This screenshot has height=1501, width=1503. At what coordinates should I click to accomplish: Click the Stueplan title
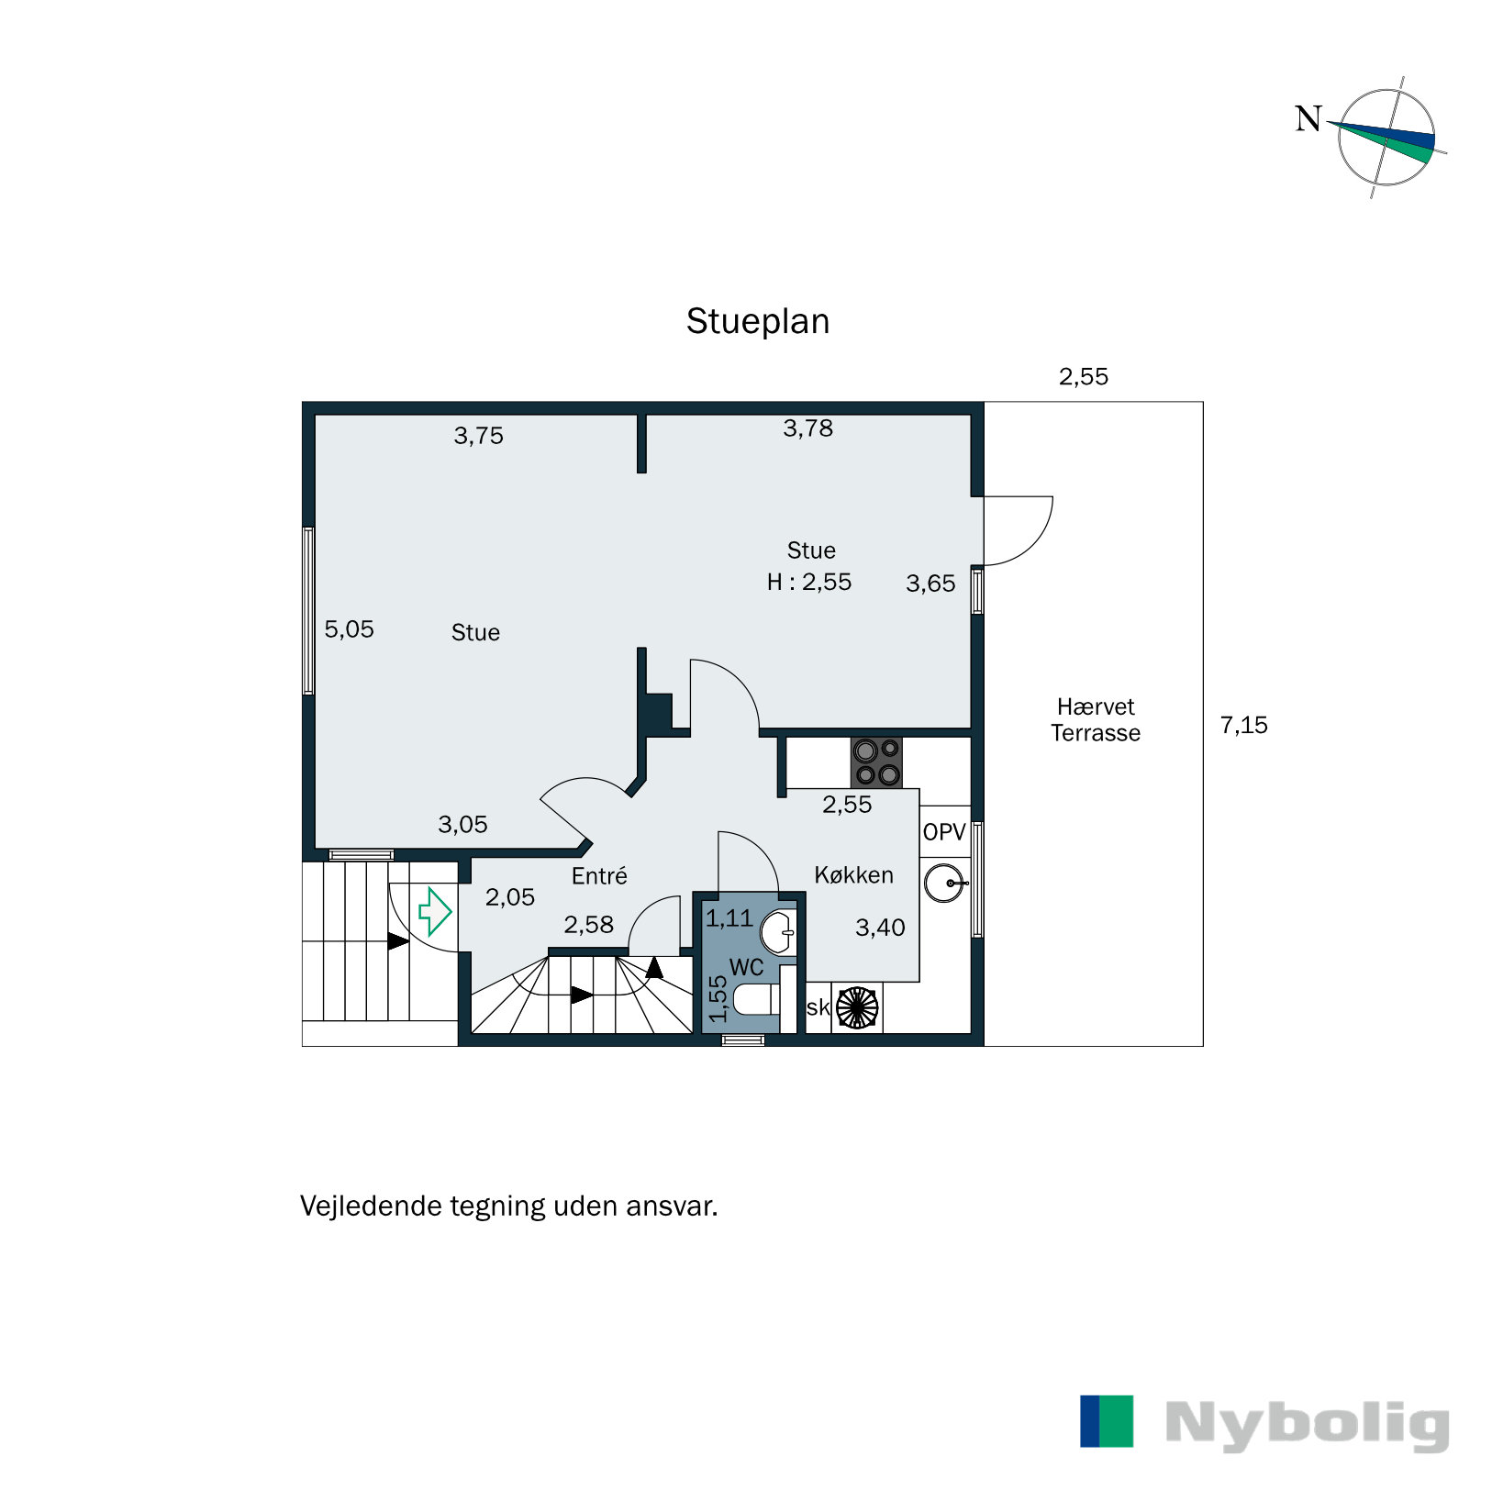[x=758, y=322]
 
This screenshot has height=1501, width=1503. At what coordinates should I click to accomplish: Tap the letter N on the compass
[x=1308, y=118]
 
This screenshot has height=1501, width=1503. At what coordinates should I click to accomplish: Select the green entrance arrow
[x=435, y=911]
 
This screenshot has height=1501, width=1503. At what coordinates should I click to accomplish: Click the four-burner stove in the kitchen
[x=876, y=762]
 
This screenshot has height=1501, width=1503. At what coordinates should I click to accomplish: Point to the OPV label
[x=944, y=832]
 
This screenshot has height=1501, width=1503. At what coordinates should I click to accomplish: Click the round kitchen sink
[x=945, y=884]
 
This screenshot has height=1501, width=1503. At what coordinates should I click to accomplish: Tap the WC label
[x=747, y=967]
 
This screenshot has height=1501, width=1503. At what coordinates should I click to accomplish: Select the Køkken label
[x=853, y=874]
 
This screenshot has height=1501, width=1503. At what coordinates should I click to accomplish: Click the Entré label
[x=599, y=875]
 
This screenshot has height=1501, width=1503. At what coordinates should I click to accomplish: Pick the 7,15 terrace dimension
[x=1243, y=725]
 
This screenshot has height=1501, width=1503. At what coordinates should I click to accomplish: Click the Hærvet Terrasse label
[x=1096, y=719]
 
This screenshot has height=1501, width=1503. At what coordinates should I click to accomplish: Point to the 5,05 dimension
[x=349, y=629]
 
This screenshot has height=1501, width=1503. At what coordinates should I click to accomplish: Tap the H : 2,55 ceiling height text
[x=809, y=582]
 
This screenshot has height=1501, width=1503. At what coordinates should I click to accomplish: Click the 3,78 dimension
[x=807, y=428]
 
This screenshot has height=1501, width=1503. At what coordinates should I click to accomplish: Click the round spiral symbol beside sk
[x=857, y=1006]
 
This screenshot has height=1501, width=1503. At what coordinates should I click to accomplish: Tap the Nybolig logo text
[x=1308, y=1426]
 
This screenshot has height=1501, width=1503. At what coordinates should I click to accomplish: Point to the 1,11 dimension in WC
[x=729, y=917]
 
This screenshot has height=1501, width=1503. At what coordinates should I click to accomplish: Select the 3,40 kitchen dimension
[x=880, y=928]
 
